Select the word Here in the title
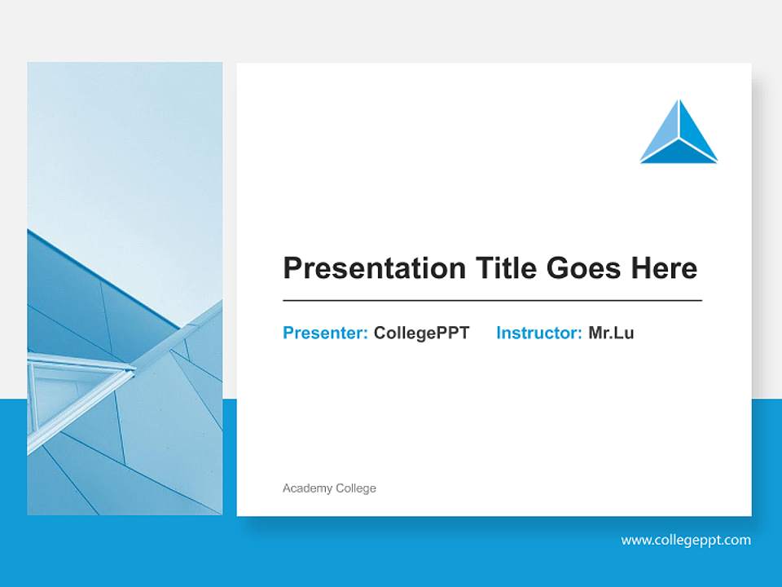click(x=663, y=268)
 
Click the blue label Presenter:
click(x=325, y=333)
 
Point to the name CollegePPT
click(x=421, y=333)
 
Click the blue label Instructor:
click(x=538, y=333)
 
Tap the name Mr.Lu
click(x=611, y=333)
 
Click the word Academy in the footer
click(x=307, y=488)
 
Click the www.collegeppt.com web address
click(x=686, y=540)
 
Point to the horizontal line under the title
click(x=492, y=301)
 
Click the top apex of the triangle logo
click(x=679, y=103)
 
